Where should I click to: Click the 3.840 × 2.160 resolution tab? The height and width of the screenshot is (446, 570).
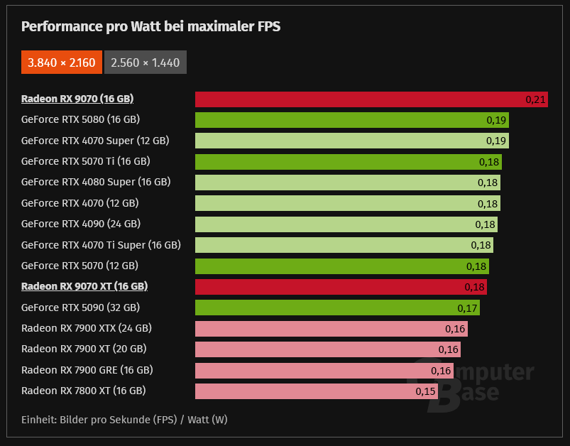point(61,62)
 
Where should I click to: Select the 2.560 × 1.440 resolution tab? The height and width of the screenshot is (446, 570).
point(146,62)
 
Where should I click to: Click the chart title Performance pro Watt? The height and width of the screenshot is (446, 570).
point(150,26)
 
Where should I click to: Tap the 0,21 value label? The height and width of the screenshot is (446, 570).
point(535,99)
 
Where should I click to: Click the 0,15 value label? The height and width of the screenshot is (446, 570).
point(426,391)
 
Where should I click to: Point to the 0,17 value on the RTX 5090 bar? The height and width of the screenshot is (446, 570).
point(467,308)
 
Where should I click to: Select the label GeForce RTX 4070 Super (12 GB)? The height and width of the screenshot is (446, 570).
point(95,141)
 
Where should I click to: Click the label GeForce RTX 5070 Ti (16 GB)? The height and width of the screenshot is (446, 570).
point(86,161)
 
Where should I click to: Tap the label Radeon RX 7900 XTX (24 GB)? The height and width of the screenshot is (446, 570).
point(87,328)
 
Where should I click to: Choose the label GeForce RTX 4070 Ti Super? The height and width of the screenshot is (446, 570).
point(101,245)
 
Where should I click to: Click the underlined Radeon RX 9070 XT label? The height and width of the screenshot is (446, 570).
point(84,286)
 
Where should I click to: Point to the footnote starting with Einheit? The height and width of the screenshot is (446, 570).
point(124,420)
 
